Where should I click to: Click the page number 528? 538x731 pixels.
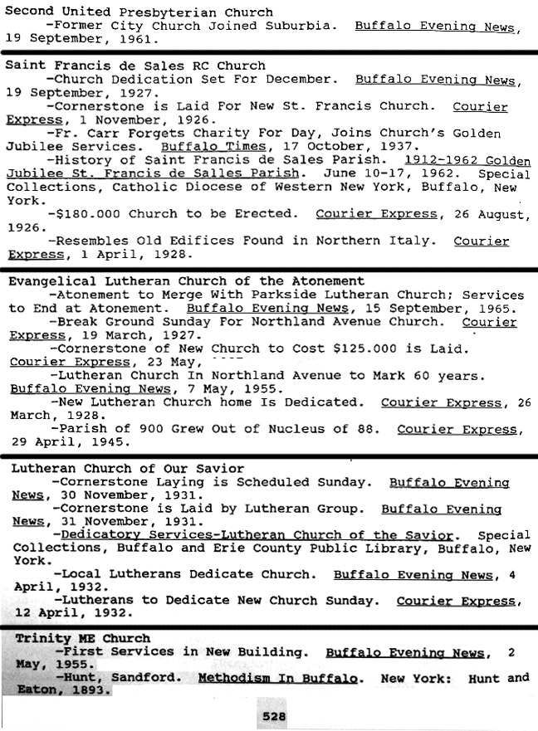click(x=274, y=716)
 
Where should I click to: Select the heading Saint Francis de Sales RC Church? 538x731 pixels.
click(x=135, y=65)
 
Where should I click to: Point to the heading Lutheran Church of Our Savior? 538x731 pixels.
click(x=128, y=468)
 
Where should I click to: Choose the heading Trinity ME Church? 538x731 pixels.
click(x=83, y=638)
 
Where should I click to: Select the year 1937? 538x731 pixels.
click(x=363, y=146)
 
